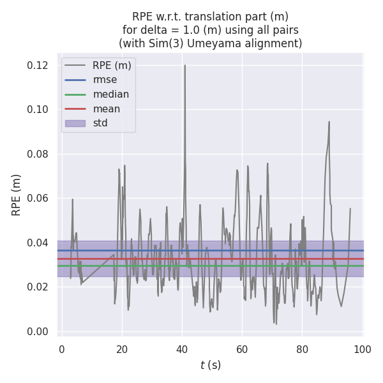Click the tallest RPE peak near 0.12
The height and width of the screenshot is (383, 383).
[x=185, y=65]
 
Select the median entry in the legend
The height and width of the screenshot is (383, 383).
[x=110, y=94]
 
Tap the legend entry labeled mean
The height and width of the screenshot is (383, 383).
[x=106, y=109]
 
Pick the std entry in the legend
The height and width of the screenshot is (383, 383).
[x=100, y=123]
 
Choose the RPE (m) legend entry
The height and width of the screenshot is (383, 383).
[x=112, y=65]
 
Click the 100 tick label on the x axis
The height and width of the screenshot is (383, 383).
[x=363, y=348]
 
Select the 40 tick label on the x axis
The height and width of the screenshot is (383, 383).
[x=182, y=348]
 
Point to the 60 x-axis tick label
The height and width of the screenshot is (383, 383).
[x=242, y=348]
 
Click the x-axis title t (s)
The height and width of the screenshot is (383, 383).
[x=210, y=365]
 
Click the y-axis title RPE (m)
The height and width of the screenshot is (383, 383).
[x=17, y=195]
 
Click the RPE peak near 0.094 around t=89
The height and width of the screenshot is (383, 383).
[x=329, y=122]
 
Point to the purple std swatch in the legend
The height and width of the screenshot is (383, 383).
[x=75, y=123]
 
